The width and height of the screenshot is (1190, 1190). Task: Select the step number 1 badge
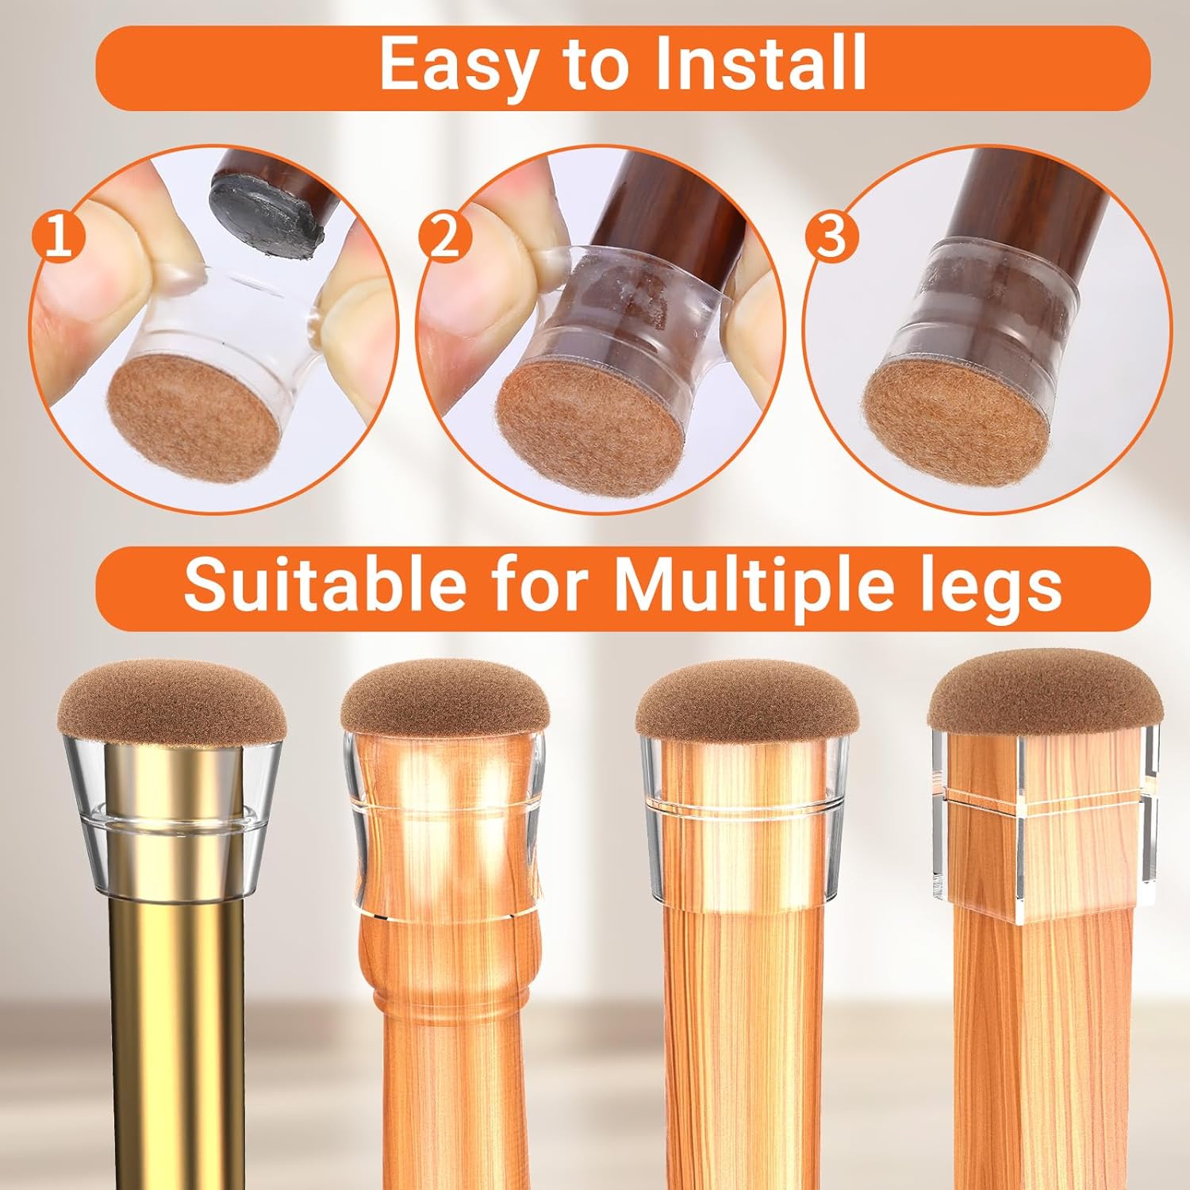pyautogui.click(x=58, y=236)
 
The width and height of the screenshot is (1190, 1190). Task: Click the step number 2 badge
pyautogui.click(x=445, y=237)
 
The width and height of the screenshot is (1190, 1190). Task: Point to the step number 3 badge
pyautogui.click(x=831, y=237)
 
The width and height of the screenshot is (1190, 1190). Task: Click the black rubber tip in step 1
pyautogui.click(x=267, y=206)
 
